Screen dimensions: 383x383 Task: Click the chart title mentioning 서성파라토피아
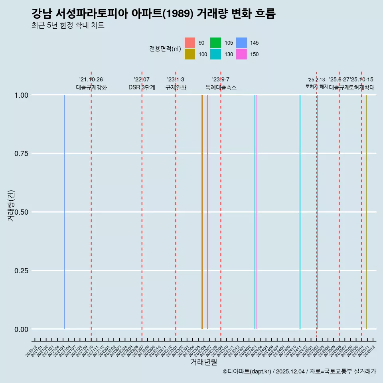pos(153,14)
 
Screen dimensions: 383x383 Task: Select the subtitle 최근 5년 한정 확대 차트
pos(68,26)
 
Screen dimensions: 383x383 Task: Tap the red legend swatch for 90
pos(190,43)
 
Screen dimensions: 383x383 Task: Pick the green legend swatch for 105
pos(216,43)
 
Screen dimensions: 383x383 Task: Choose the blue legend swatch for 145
pos(241,43)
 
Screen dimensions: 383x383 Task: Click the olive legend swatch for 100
pos(190,54)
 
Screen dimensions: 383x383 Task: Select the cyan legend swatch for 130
pos(216,54)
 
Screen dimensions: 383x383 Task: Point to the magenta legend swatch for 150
pos(241,54)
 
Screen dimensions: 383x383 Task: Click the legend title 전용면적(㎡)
pos(165,49)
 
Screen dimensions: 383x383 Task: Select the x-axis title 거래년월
pos(203,362)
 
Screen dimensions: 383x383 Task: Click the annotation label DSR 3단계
pos(142,87)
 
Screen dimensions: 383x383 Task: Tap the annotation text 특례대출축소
pos(221,87)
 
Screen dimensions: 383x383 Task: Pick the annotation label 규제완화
pos(176,87)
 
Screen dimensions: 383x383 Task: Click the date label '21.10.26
pos(91,79)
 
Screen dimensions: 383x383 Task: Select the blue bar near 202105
pos(64,211)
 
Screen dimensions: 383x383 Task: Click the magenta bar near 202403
pos(257,211)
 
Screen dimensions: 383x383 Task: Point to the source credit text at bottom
pos(299,371)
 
